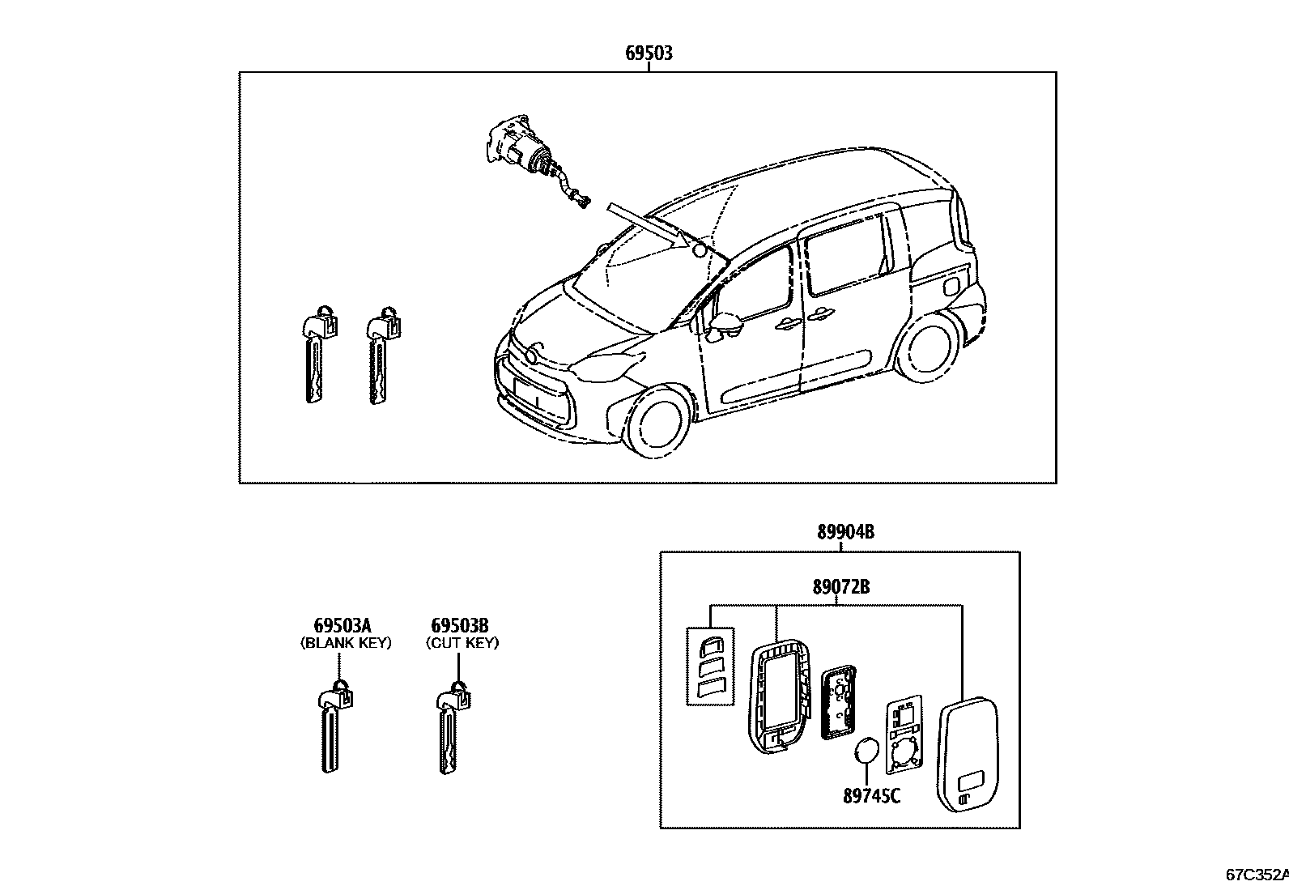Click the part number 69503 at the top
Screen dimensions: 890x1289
tap(649, 53)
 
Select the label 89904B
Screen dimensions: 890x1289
tap(844, 532)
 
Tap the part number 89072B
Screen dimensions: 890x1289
tap(841, 587)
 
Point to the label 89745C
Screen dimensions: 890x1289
tap(871, 796)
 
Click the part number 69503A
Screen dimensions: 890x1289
tap(342, 626)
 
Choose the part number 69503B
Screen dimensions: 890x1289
tap(459, 626)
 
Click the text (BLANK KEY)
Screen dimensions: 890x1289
tap(346, 643)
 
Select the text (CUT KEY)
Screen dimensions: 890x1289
tap(462, 643)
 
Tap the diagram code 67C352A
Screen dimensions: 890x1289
tap(1256, 875)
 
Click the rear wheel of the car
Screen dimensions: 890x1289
tap(930, 350)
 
